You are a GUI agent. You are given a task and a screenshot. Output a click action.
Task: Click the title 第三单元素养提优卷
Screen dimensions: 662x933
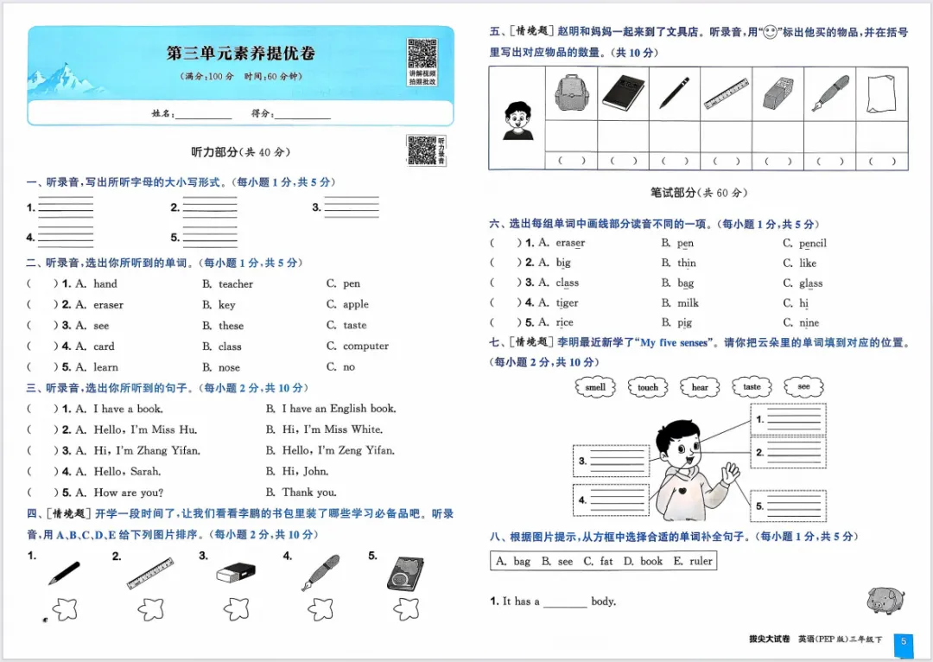[x=241, y=53]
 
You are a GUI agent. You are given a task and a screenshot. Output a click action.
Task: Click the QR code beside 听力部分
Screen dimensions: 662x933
[x=421, y=150]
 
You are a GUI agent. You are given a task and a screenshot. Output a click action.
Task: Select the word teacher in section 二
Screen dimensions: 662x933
[x=236, y=283]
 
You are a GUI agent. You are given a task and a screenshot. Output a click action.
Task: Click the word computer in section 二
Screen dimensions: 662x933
[x=365, y=346]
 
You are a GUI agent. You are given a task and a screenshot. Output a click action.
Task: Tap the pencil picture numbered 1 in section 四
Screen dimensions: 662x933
[x=64, y=573]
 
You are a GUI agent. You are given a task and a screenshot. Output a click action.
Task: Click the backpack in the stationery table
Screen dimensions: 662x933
[x=570, y=92]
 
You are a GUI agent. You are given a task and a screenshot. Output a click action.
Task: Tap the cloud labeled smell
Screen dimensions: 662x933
[x=595, y=387]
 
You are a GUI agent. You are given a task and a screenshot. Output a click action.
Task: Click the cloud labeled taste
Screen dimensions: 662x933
[x=752, y=387]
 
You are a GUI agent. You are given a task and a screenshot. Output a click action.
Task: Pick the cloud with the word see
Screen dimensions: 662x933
[x=803, y=386]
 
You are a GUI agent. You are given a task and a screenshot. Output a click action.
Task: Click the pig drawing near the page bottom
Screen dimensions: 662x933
[x=885, y=598]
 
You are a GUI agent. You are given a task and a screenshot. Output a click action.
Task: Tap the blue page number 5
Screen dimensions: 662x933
[x=903, y=641]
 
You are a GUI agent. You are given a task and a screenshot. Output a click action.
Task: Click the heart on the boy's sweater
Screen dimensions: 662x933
[x=682, y=492]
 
